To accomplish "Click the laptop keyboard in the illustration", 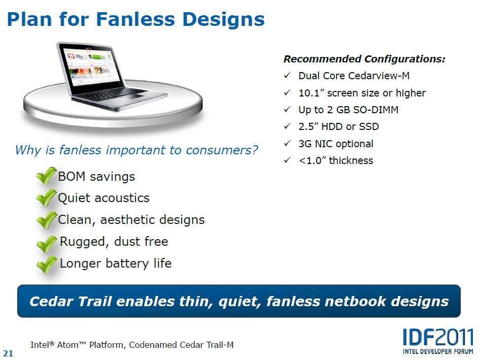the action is [x=110, y=94].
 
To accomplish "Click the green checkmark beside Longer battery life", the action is [x=47, y=265].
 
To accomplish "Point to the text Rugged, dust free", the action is [x=114, y=242].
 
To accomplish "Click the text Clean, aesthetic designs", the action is [x=131, y=220].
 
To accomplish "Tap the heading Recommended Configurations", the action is [x=364, y=59].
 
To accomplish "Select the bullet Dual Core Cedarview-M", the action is [x=354, y=76].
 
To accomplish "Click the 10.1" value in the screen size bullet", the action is [x=311, y=93].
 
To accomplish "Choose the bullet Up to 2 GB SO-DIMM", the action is [x=348, y=110].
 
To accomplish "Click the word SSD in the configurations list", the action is [x=369, y=126].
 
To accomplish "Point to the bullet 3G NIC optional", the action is [x=336, y=144].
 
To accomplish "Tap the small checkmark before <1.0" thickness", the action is [x=287, y=160].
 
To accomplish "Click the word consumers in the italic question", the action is [x=222, y=150].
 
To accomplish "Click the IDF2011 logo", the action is [x=438, y=341].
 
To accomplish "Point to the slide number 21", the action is [x=8, y=353].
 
